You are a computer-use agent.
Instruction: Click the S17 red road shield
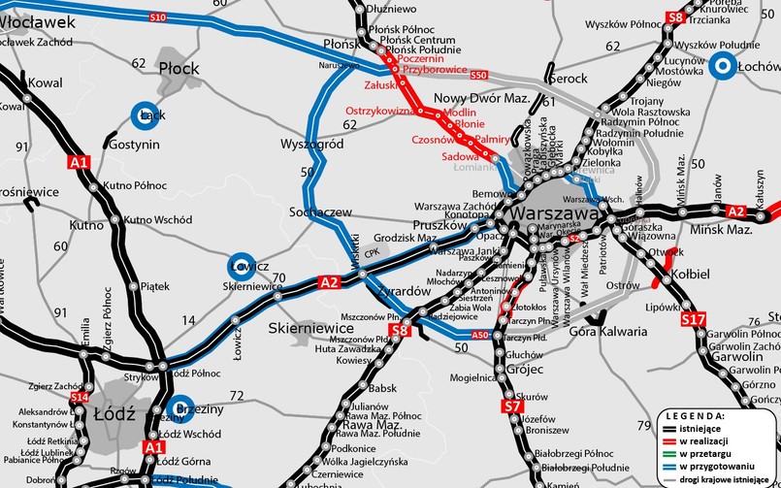point(695,319)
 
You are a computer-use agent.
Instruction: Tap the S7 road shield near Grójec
point(512,407)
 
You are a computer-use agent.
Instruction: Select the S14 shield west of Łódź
point(79,398)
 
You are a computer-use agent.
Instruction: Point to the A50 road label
point(478,336)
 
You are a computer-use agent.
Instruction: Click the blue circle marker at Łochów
point(722,66)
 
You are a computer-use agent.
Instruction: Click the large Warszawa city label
point(555,212)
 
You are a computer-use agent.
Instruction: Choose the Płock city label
point(178,68)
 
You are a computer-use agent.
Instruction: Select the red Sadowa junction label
point(460,156)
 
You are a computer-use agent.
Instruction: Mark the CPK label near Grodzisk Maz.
point(372,253)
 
